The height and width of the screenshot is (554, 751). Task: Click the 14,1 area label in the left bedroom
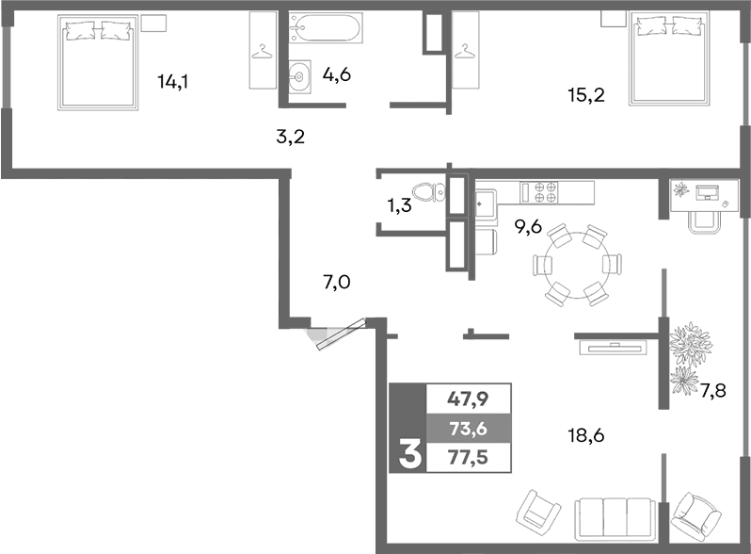173,81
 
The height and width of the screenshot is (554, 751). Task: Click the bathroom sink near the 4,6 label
298,78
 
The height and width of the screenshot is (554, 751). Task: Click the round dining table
576,265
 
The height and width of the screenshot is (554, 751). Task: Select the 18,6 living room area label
583,435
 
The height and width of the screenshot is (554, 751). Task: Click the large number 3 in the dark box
408,455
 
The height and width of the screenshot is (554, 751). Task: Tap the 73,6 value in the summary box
468,430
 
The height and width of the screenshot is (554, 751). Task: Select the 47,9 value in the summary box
468,398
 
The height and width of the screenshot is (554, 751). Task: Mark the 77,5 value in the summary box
468,460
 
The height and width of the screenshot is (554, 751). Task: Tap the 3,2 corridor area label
290,137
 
